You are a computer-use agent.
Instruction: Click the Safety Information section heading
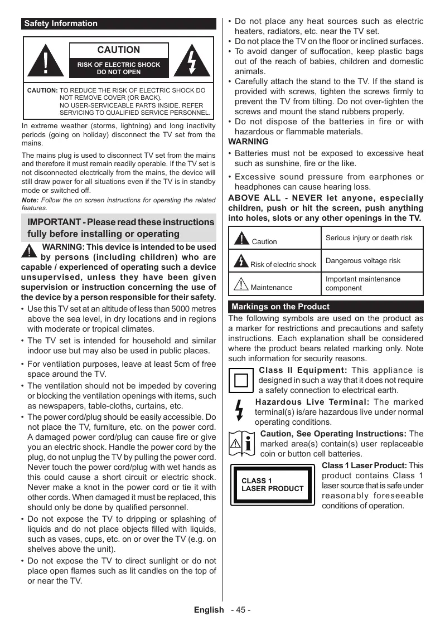tap(61, 24)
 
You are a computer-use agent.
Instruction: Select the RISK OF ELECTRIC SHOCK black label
tap(119, 68)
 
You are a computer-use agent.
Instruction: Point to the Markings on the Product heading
tap(280, 307)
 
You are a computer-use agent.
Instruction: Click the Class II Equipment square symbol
tap(241, 381)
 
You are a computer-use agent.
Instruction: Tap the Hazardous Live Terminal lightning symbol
tap(240, 411)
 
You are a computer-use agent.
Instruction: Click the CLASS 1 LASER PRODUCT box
tap(273, 484)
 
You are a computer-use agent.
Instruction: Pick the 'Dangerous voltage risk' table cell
tap(363, 261)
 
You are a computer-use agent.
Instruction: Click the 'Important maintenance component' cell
tap(363, 283)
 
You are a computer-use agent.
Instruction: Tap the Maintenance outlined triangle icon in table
tap(241, 284)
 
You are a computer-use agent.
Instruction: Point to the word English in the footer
tap(209, 610)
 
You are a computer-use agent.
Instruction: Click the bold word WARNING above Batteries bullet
tap(248, 142)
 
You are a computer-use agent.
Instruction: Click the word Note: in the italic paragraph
tap(30, 200)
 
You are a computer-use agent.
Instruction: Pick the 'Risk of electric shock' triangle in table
tap(241, 261)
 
